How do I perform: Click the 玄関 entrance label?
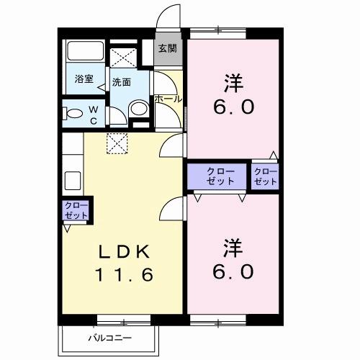click(167, 49)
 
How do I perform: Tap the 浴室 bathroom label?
click(84, 79)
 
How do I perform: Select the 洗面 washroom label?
click(121, 82)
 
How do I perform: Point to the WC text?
click(93, 114)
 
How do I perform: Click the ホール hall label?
click(168, 99)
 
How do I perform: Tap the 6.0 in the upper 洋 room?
click(232, 108)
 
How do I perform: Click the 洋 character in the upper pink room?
click(232, 84)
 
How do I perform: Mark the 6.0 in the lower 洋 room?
click(232, 272)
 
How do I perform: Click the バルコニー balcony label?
click(110, 337)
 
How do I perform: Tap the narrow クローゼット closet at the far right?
click(265, 176)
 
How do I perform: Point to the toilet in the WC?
click(73, 114)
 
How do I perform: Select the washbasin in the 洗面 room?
click(138, 108)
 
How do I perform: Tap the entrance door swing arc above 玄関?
click(169, 18)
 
